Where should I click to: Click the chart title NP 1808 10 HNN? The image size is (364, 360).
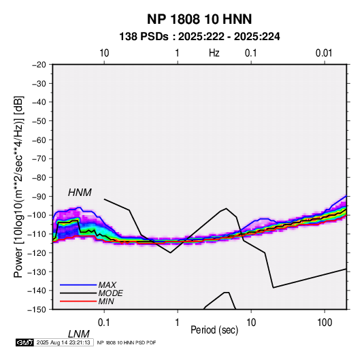coord(199,19)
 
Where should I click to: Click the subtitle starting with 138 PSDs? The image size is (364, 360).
coord(199,37)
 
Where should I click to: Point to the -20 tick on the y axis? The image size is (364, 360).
coord(39,65)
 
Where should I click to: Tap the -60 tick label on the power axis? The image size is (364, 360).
coord(39,140)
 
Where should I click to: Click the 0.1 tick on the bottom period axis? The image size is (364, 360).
coord(104,323)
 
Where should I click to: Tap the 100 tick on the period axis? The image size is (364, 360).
coord(325,323)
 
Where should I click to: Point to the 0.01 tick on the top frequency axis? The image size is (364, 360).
coord(324,53)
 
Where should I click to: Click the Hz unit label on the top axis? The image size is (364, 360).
coord(214,53)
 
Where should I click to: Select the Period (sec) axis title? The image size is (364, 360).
coord(214,330)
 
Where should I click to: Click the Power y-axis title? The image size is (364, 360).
coord(18,187)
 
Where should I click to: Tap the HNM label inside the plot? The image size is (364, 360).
coord(80,193)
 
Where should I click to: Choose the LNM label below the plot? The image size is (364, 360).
coord(78,334)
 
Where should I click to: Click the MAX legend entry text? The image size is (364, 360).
coord(107,284)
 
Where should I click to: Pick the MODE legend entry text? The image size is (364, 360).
coord(110,293)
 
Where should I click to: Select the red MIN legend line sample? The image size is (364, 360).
coord(78,301)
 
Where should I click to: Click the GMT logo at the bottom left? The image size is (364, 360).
coord(24,342)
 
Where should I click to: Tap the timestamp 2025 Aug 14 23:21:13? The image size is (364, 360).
coord(63,342)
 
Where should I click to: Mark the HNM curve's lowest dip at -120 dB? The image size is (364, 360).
coord(170,252)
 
